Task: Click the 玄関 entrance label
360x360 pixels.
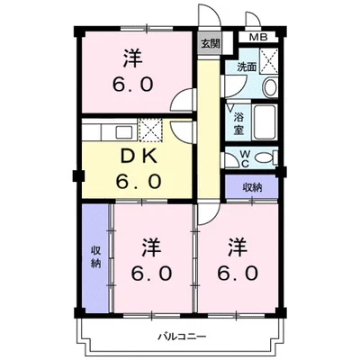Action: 209,42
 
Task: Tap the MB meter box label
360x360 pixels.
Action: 257,38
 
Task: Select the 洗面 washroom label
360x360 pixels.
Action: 247,67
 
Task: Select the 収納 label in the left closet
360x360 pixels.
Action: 95,256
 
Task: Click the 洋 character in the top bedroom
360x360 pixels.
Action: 134,58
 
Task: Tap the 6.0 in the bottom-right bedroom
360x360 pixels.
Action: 238,272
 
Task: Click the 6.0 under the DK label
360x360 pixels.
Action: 139,181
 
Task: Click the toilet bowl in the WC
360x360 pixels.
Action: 259,158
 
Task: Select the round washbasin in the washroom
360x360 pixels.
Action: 269,87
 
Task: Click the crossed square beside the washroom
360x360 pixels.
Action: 268,62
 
